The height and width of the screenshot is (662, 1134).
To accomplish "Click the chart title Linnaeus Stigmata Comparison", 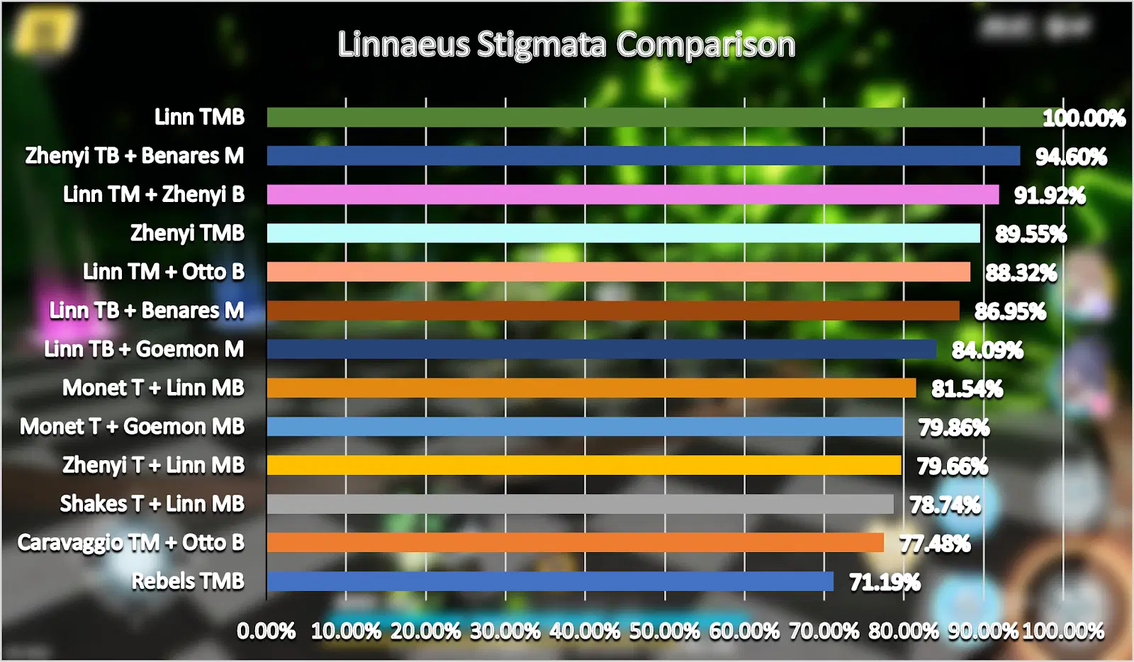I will click(566, 45).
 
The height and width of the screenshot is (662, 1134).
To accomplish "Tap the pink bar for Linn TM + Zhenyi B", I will click(632, 194).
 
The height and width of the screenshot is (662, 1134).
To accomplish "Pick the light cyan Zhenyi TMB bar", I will click(623, 233).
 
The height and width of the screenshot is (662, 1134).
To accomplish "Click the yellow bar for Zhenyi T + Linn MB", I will click(584, 465).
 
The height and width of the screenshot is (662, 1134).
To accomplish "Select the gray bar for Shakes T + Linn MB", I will click(580, 504).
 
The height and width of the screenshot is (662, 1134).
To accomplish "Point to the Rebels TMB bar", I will click(550, 581).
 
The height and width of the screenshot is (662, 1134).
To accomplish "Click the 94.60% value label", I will click(1071, 157).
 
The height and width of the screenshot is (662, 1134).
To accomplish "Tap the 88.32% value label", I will click(1021, 273).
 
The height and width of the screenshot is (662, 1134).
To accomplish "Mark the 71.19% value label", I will click(885, 583).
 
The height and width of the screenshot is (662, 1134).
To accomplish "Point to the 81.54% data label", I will click(967, 389).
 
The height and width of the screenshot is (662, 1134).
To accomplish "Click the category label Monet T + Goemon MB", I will click(132, 427).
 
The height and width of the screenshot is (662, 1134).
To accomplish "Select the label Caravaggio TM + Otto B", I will click(131, 543).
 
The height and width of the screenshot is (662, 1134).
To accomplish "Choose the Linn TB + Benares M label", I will click(147, 310).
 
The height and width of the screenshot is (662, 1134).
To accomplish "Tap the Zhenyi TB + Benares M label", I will click(135, 156).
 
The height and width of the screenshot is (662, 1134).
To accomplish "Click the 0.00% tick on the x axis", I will click(266, 632).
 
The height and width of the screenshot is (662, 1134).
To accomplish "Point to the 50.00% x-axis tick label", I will click(664, 632).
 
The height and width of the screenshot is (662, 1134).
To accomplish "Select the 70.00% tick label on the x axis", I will click(824, 632).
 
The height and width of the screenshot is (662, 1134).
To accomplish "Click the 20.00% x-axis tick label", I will click(425, 632).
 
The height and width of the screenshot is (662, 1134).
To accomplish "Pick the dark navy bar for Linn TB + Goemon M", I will click(601, 349).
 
